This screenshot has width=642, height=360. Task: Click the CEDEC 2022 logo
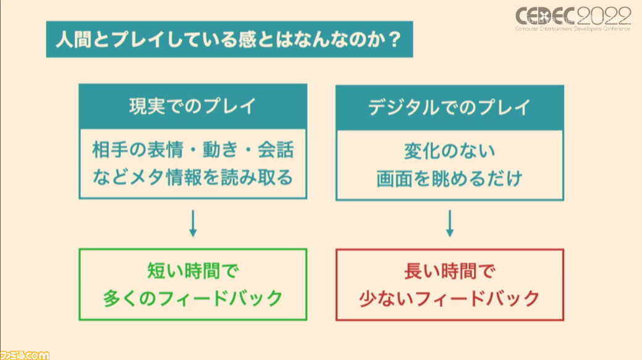[x=573, y=19]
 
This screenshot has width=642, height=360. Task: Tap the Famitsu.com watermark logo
[x=25, y=354]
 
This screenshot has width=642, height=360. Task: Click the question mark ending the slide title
[x=394, y=40]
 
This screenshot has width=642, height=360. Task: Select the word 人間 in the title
[x=74, y=40]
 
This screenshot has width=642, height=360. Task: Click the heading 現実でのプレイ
[x=192, y=106]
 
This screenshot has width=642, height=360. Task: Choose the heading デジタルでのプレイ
[x=450, y=107]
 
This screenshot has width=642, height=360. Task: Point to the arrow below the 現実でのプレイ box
[x=193, y=224]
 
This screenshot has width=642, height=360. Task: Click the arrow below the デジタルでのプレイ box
[x=450, y=224]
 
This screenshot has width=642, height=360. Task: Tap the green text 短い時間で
[x=193, y=271]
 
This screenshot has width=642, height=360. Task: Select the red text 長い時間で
[x=450, y=271]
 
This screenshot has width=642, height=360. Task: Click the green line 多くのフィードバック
[x=193, y=298]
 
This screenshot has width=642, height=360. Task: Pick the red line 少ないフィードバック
[x=450, y=298]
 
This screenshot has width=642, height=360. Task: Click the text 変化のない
[x=450, y=151]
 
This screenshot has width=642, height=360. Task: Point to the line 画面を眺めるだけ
[x=450, y=178]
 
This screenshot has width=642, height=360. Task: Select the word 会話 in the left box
[x=276, y=149]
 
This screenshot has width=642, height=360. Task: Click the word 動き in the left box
[x=220, y=149]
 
